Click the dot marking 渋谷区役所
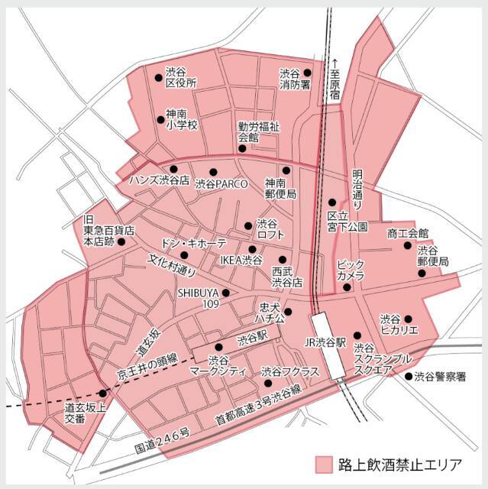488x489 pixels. point(159,77)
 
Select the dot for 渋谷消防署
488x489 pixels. point(307,73)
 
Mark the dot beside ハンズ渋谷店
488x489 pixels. point(174,169)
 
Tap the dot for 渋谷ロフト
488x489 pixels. point(248,225)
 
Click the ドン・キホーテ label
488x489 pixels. point(193,242)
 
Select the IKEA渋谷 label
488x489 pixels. point(241,261)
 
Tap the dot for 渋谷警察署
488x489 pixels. point(409,376)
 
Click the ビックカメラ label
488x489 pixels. point(351,270)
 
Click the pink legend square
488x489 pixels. point(325,464)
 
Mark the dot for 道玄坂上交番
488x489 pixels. point(103,392)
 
